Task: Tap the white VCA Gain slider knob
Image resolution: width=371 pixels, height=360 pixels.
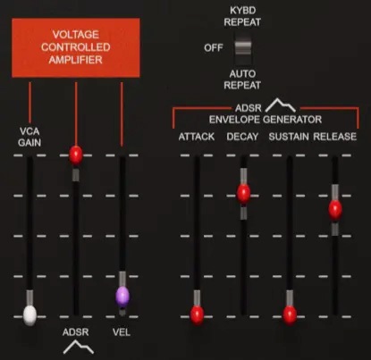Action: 30,314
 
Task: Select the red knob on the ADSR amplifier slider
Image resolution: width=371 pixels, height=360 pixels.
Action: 75,154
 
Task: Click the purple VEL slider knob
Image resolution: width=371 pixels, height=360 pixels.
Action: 122,296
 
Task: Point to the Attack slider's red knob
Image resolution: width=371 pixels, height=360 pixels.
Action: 197,314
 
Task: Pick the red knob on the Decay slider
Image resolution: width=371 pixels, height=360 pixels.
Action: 243,192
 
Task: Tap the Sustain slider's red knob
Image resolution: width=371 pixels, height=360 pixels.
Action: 289,314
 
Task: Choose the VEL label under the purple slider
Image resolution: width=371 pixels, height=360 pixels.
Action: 122,332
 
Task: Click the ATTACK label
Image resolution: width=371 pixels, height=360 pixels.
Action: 196,136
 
